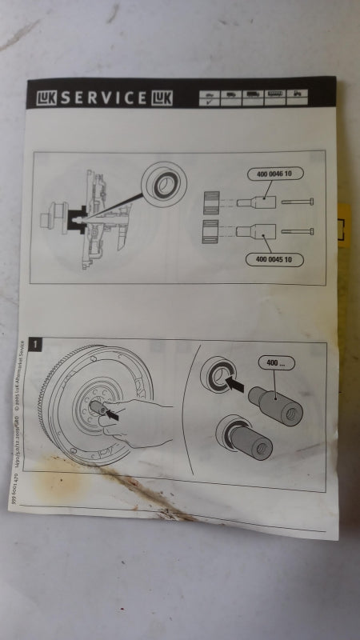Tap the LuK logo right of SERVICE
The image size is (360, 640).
158,98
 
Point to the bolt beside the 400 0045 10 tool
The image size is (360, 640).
298,231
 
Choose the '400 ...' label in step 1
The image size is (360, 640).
275,363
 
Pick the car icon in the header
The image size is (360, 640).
209,97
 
